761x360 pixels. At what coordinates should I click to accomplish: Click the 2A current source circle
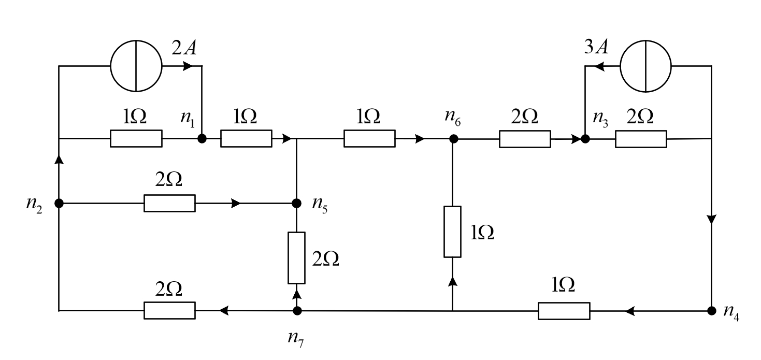tap(136, 66)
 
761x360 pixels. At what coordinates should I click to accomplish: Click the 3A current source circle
tap(645, 66)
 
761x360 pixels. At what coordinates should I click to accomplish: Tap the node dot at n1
tap(202, 139)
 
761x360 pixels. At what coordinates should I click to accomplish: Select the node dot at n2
tap(59, 203)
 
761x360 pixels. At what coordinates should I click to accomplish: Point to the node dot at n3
tap(585, 139)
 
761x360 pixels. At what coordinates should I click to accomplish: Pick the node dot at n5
tap(297, 203)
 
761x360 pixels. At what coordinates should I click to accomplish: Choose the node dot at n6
tap(453, 139)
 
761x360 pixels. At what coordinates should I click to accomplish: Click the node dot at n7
tap(297, 311)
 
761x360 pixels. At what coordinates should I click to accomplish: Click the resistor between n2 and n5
tap(169, 203)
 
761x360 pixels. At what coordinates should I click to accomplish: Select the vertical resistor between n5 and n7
tap(297, 258)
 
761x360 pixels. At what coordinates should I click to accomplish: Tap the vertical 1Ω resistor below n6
tap(452, 232)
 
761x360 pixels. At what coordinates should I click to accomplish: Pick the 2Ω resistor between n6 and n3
tap(525, 139)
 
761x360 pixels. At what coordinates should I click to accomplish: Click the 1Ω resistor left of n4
tap(564, 311)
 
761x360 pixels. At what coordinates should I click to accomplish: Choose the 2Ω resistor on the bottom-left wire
tap(169, 311)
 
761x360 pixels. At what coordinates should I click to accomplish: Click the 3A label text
tap(595, 48)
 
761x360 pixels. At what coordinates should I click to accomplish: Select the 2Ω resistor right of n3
tap(641, 139)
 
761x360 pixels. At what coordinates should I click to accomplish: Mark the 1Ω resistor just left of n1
tap(136, 139)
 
